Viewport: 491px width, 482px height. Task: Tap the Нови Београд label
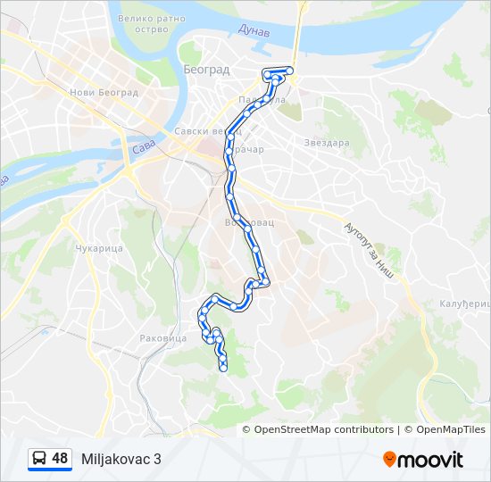pos(104,92)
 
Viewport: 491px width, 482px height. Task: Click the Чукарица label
pos(99,248)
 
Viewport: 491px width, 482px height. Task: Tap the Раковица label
pos(162,338)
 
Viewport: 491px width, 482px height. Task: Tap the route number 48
pos(60,459)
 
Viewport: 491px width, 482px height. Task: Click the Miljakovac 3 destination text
pos(121,459)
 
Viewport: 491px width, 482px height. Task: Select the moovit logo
pos(423,460)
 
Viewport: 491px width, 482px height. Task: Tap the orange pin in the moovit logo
pos(390,460)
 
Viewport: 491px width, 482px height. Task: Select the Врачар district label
pos(249,149)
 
